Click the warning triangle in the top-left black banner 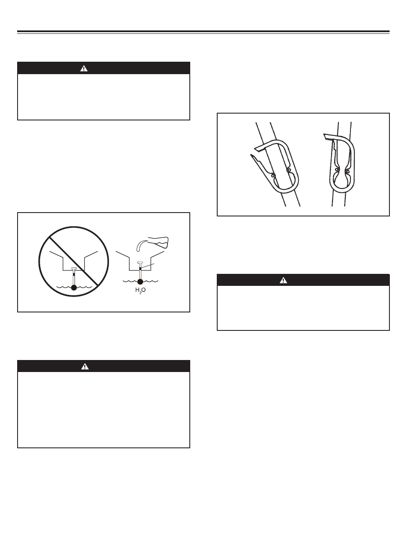click(x=84, y=69)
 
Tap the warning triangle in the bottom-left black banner click(x=85, y=366)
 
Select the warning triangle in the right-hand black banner click(x=283, y=280)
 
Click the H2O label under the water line click(x=141, y=290)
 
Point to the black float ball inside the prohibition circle click(x=74, y=287)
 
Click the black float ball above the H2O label click(x=140, y=282)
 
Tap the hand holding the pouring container click(x=159, y=242)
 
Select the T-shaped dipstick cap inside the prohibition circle click(x=74, y=269)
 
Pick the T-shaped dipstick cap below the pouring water click(x=140, y=262)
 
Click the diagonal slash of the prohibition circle click(x=74, y=261)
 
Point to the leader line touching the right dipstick click(x=147, y=266)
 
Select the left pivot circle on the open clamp click(x=273, y=176)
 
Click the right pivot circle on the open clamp click(x=289, y=170)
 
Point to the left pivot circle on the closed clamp click(x=337, y=170)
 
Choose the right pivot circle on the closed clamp click(x=347, y=170)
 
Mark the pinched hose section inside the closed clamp click(x=342, y=170)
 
